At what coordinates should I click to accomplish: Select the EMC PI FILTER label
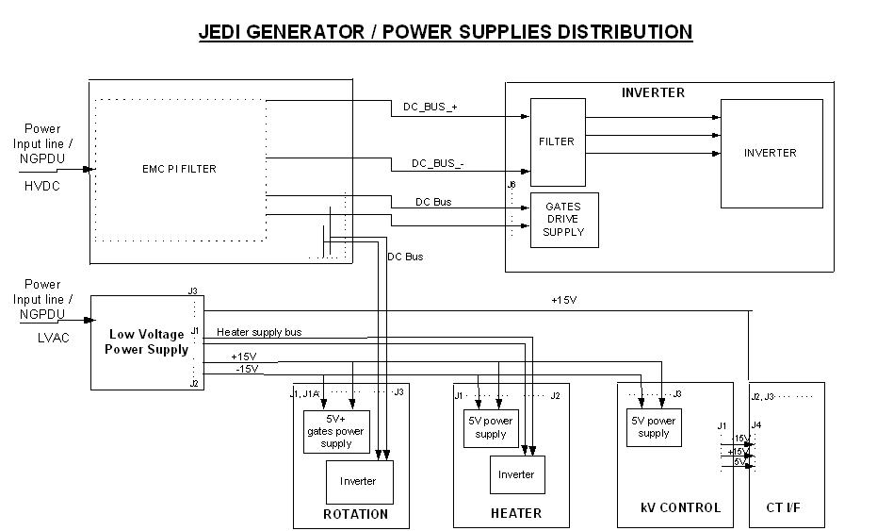coord(172,169)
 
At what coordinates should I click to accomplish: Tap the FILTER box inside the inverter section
coord(557,141)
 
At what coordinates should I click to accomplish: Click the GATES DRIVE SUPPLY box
coord(564,220)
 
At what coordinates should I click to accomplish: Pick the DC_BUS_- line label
coord(438,163)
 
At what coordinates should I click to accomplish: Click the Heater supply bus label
coord(259,332)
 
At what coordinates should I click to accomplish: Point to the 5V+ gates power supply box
coord(336,431)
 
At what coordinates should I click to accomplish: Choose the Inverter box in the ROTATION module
coord(358,481)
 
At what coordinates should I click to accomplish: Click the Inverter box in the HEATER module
coord(516,474)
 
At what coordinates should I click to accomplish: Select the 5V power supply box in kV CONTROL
coord(653,427)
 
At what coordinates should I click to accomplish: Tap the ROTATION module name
coord(355,514)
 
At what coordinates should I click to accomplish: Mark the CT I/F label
coord(787,508)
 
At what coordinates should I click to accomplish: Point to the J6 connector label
coord(512,185)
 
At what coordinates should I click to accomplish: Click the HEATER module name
coord(515,513)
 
